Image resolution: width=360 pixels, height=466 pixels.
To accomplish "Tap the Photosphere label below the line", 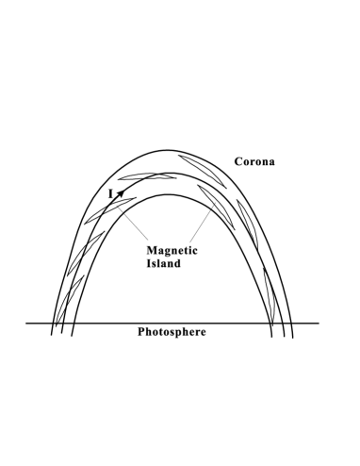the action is (x=172, y=332).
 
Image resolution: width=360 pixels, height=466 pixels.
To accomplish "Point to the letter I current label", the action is (x=110, y=193).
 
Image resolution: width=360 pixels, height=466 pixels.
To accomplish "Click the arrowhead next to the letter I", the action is (x=120, y=191).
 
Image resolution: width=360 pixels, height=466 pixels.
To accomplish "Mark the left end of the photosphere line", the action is (x=26, y=323).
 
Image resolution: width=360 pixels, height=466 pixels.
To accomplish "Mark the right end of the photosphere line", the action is (x=319, y=323).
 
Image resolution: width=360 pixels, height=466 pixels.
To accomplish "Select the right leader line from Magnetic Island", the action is (x=199, y=226).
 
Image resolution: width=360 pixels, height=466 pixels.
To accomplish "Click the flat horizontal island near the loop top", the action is (x=147, y=176).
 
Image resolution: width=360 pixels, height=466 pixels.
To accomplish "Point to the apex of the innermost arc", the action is (x=170, y=193).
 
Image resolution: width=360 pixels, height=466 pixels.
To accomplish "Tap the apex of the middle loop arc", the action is (x=170, y=173).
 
